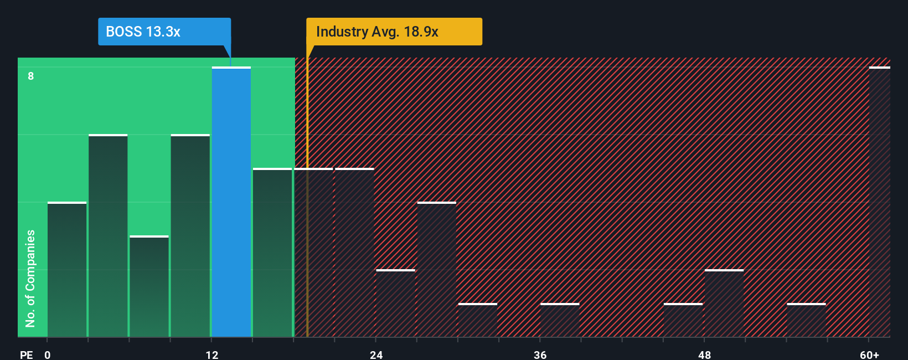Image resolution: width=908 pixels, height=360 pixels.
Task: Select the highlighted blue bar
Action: tap(231, 202)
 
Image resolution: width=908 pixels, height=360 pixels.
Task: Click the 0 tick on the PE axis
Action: tap(48, 354)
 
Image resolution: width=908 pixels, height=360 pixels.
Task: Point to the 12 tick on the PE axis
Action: tap(212, 354)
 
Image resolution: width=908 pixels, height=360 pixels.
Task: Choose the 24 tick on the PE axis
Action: tap(376, 354)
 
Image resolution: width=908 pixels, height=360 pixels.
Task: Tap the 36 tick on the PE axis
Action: tap(540, 354)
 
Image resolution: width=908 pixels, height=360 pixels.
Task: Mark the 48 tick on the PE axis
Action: tap(704, 354)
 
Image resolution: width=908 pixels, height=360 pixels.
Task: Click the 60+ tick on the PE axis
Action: tap(869, 354)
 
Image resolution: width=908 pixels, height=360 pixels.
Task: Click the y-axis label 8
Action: tap(31, 76)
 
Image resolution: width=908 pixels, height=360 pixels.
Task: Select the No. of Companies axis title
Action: tap(30, 278)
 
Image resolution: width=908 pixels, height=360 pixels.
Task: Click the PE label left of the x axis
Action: tap(26, 354)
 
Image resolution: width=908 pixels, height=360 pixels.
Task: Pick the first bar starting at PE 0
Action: tap(67, 270)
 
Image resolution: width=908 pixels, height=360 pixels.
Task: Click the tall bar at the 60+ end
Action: tap(880, 202)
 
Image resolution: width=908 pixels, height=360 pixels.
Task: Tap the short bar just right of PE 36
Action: tap(560, 320)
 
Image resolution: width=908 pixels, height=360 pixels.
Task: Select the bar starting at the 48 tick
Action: tap(724, 304)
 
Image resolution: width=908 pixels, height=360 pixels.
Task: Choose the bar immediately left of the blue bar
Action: tap(190, 236)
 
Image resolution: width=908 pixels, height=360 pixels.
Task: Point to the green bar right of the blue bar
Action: tap(272, 253)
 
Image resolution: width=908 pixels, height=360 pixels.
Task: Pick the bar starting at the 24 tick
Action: tap(396, 304)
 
